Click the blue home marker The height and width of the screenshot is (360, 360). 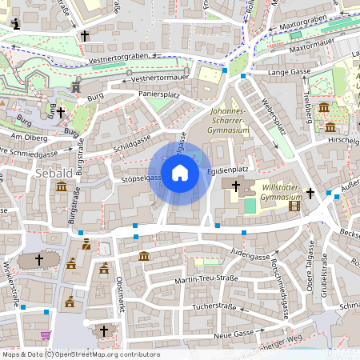click(180, 174)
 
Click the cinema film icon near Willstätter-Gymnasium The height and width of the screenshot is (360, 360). click(294, 206)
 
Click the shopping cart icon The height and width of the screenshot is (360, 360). click(46, 335)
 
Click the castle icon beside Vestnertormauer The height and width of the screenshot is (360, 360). click(76, 86)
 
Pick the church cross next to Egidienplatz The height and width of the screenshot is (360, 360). click(235, 186)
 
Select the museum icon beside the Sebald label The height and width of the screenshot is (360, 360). click(62, 187)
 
